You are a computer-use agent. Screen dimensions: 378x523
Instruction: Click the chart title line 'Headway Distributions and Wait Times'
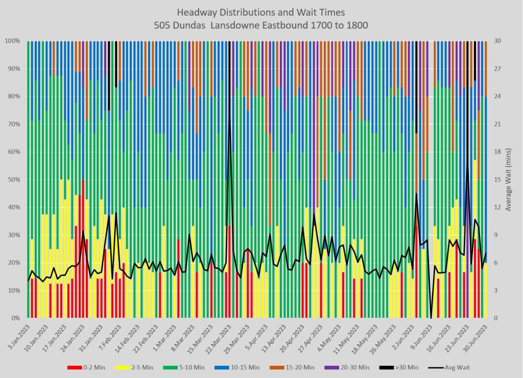[x=261, y=12]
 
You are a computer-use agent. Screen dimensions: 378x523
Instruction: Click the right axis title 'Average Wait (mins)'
[x=509, y=179]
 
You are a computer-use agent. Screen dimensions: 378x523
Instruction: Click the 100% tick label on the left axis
[x=12, y=41]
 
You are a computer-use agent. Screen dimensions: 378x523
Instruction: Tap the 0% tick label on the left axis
[x=15, y=318]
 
